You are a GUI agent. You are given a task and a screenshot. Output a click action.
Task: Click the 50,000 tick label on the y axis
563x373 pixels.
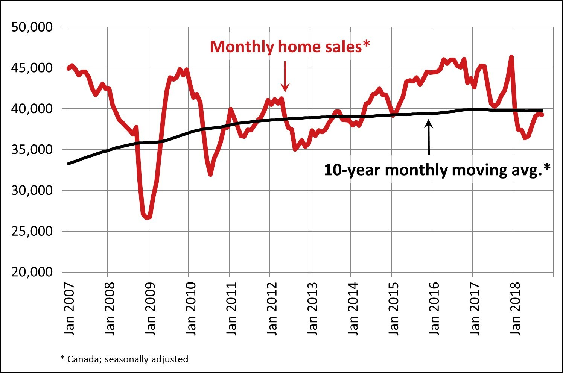coord(32,27)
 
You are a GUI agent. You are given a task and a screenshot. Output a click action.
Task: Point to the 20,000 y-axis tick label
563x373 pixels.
coord(32,272)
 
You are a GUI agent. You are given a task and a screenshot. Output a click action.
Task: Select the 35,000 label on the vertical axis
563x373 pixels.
coord(32,150)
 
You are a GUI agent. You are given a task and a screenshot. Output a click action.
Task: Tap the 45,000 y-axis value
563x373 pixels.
coord(32,68)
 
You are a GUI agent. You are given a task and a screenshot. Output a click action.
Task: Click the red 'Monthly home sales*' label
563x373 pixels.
coord(290,47)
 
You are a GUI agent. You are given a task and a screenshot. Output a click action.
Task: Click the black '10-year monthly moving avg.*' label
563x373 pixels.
coord(437,170)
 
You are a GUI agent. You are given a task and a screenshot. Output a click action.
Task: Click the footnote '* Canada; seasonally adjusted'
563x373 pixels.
coord(124,359)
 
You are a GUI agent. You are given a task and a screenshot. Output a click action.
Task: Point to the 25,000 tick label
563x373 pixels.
coord(32,231)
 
